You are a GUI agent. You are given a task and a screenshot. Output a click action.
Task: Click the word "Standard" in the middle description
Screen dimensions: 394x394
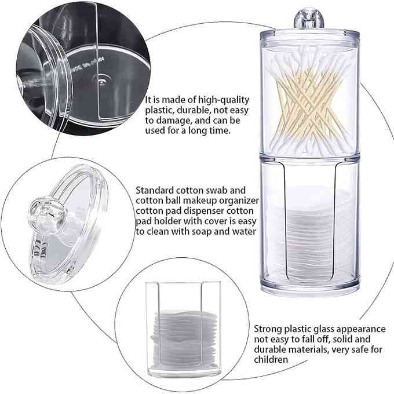click(x=155, y=191)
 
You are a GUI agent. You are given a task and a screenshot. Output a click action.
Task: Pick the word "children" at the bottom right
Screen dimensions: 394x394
click(x=271, y=360)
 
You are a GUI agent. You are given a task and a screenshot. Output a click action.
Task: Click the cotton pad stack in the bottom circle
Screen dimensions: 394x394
click(x=184, y=338)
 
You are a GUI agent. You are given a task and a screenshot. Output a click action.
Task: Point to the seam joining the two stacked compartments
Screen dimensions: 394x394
click(x=309, y=158)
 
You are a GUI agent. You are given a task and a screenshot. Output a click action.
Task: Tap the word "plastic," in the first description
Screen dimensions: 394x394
click(x=160, y=111)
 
